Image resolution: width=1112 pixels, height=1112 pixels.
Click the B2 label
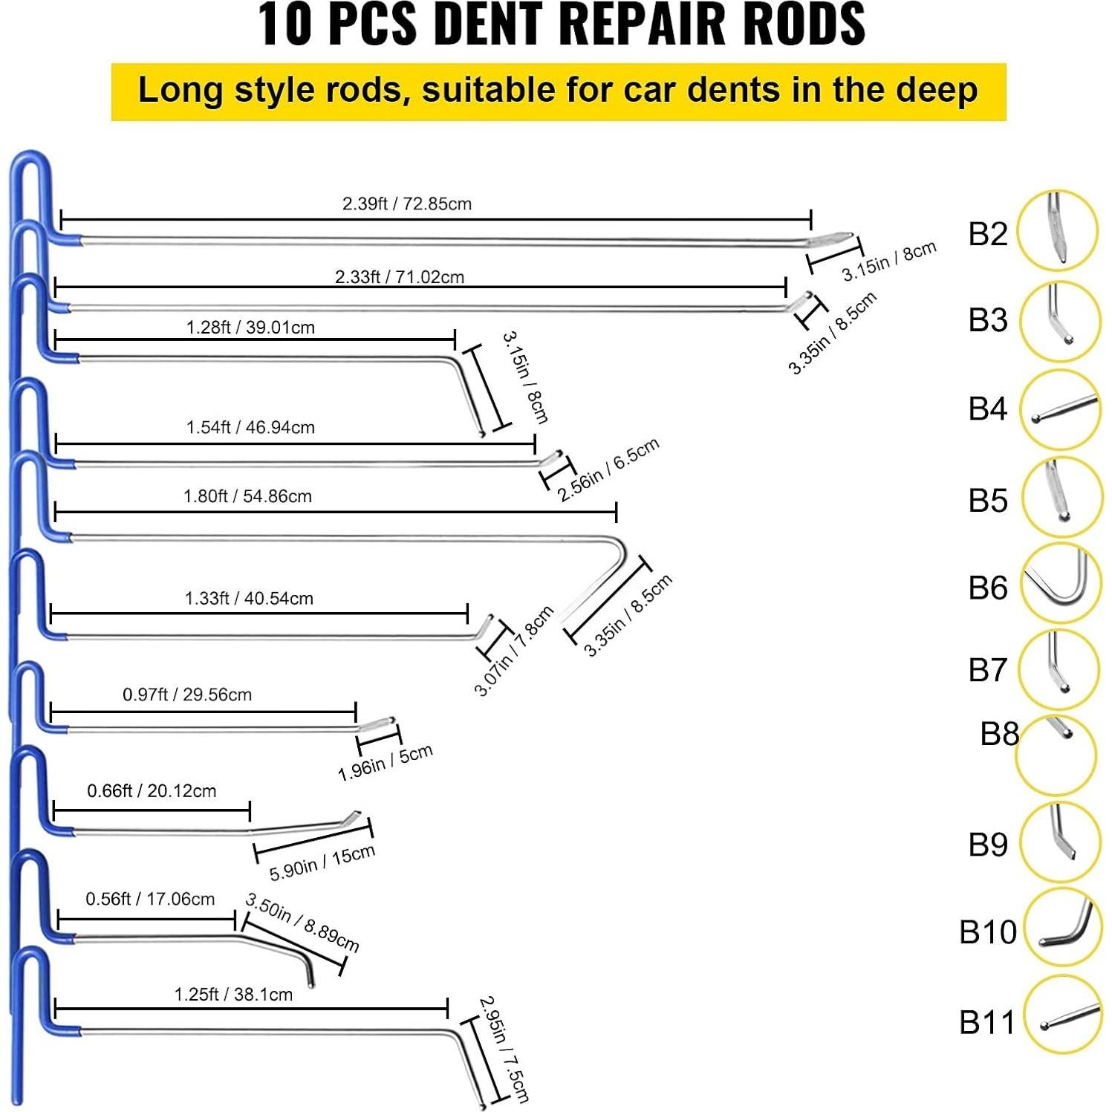point(987,233)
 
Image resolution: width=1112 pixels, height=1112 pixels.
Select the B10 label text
point(987,931)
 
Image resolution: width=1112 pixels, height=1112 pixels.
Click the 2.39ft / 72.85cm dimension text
point(406,204)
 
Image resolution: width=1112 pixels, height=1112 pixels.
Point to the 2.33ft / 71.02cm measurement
point(399,277)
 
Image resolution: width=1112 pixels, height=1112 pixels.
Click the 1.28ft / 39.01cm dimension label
point(250,328)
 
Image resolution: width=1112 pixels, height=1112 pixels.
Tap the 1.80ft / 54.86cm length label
point(247,496)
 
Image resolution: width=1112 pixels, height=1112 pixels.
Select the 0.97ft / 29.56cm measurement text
point(187,695)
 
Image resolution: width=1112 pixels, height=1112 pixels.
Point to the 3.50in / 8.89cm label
point(302,923)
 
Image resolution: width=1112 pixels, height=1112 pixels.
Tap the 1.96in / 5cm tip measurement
point(385,762)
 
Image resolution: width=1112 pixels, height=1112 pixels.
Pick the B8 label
point(999,734)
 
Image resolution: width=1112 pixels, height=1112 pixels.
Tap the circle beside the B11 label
point(1062,1015)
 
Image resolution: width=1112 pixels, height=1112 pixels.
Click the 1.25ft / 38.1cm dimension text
point(233,994)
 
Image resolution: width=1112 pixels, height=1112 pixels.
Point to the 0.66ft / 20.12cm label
point(152,790)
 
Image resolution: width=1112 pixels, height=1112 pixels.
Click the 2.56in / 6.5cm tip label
point(608,469)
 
